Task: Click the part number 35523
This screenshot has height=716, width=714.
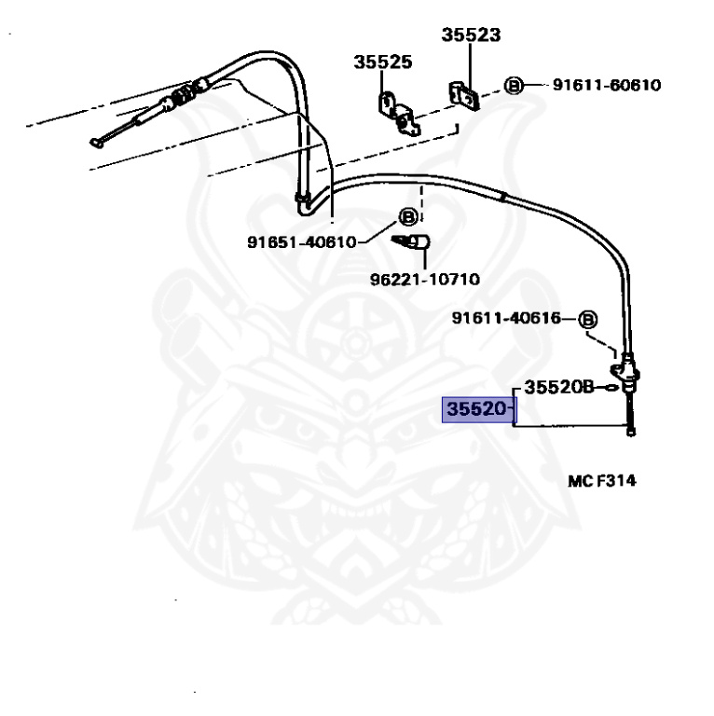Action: click(x=471, y=34)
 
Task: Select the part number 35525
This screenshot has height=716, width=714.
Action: click(x=383, y=62)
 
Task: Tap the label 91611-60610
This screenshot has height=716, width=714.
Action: click(x=607, y=85)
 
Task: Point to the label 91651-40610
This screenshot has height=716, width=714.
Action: click(x=301, y=241)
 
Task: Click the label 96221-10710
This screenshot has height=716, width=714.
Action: click(x=424, y=279)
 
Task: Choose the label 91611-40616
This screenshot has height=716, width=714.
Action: click(x=506, y=318)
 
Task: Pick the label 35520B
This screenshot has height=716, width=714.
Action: click(x=559, y=387)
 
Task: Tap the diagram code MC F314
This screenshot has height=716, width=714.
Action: click(x=602, y=481)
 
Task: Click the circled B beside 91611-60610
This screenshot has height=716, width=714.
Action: click(x=514, y=86)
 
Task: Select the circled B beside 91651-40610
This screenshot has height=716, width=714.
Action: click(x=408, y=217)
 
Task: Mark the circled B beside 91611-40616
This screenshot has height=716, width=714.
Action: click(x=587, y=320)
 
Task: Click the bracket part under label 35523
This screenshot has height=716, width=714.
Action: click(x=464, y=95)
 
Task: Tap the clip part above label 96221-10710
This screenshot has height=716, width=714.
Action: click(x=412, y=242)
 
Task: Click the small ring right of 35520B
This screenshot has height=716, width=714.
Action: click(x=611, y=388)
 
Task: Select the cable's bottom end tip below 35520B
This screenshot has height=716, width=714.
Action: click(x=631, y=433)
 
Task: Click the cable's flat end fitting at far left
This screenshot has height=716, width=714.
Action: click(x=96, y=144)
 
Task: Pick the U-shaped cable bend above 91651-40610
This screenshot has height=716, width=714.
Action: click(x=305, y=204)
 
